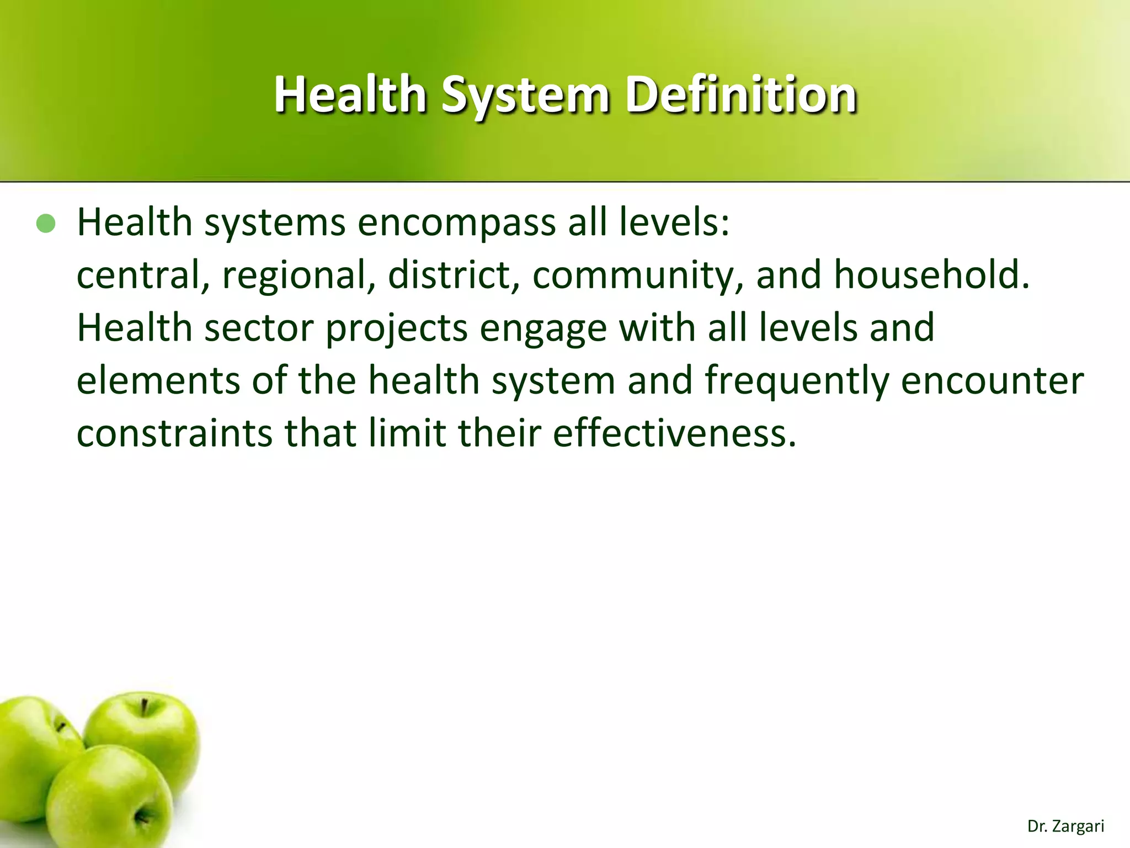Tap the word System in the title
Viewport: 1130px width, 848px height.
tap(525, 96)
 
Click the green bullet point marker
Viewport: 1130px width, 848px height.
tap(46, 224)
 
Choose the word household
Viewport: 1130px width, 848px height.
tap(931, 275)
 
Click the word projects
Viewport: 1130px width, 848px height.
tap(396, 328)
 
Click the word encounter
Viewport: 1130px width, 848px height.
tap(992, 381)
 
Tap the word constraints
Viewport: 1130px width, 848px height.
tap(174, 433)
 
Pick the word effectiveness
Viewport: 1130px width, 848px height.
tap(674, 433)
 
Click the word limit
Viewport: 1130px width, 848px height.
tap(407, 433)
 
